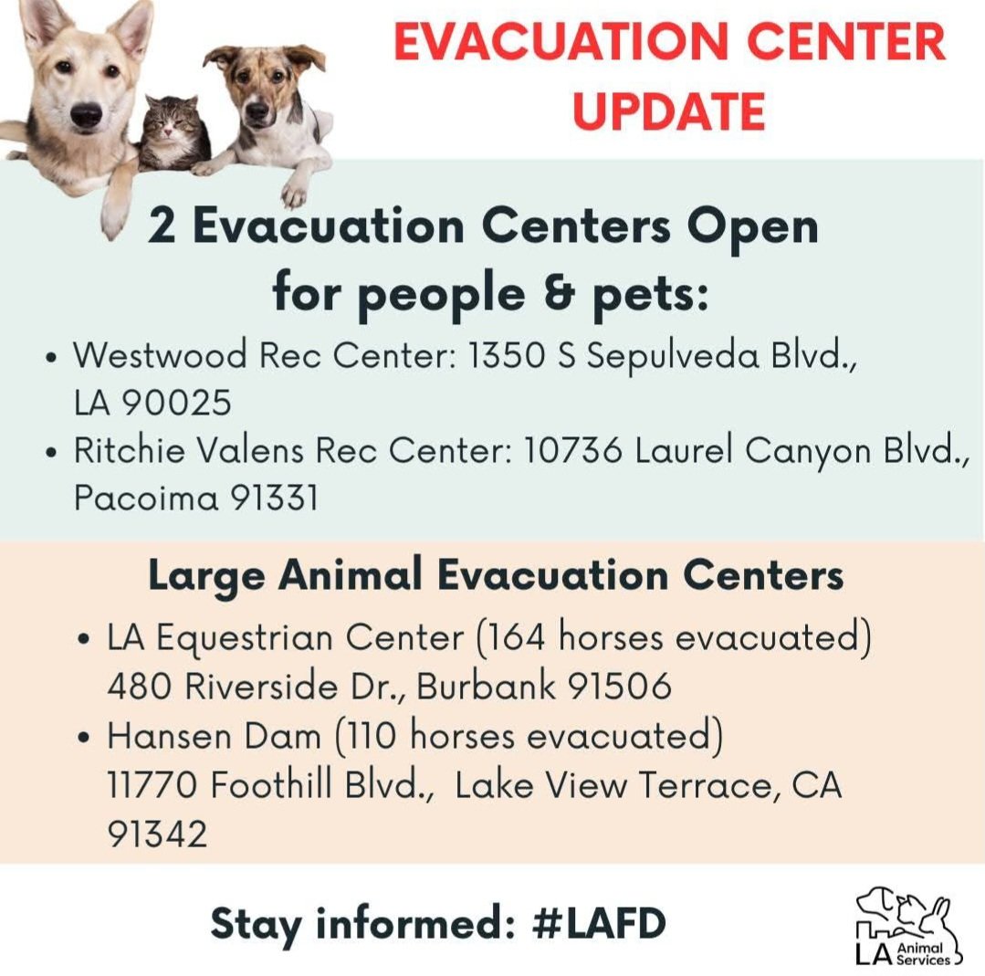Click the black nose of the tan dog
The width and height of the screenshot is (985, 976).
pyautogui.click(x=87, y=114)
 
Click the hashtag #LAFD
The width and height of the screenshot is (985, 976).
pyautogui.click(x=598, y=924)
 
